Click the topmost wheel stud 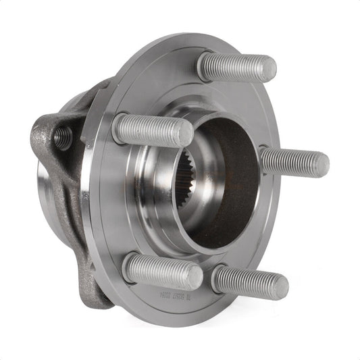click(236, 66)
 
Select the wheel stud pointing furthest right click(294, 162)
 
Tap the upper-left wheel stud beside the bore click(152, 129)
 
